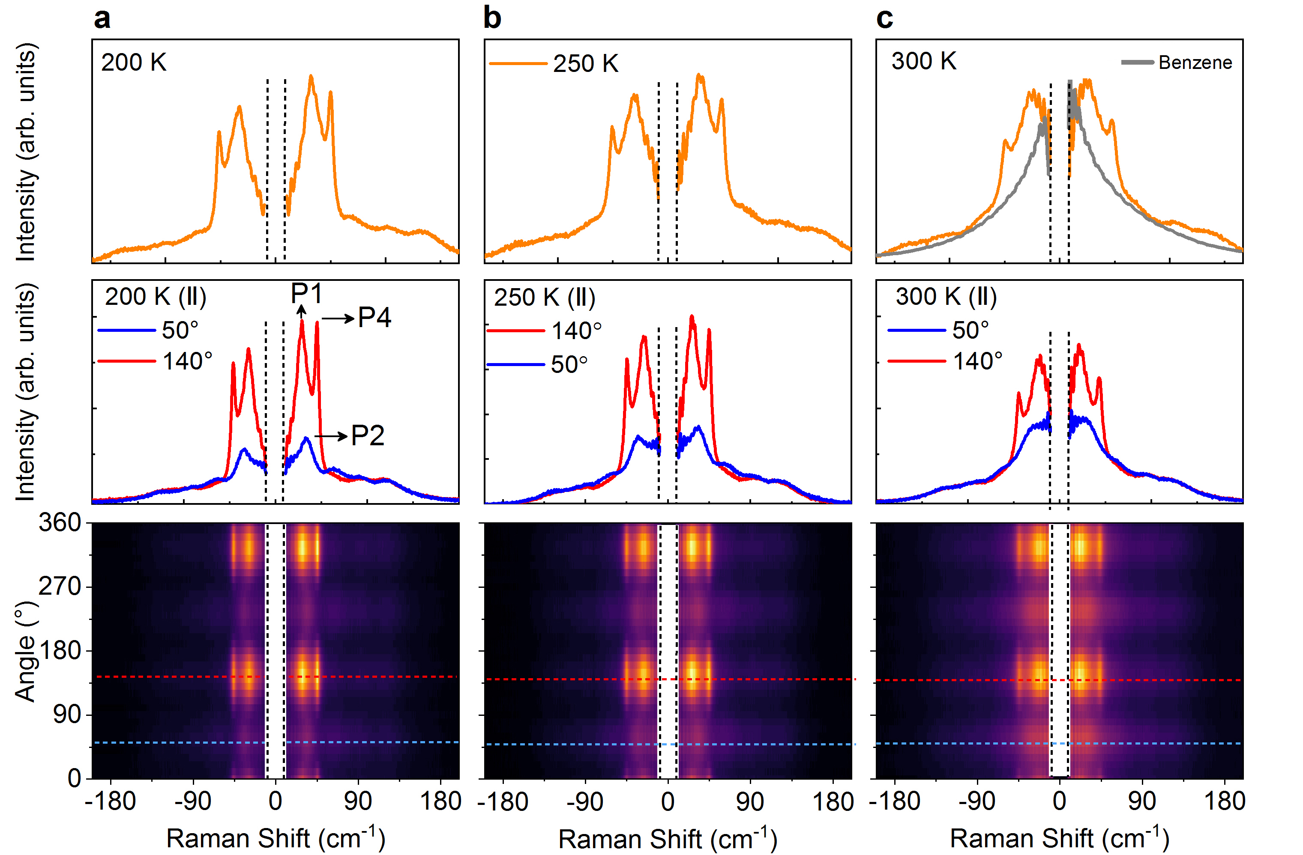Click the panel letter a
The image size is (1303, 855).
coord(102,18)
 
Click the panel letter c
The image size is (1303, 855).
coord(884,18)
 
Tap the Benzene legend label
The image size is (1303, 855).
coord(1195,63)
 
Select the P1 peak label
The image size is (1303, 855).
coord(306,294)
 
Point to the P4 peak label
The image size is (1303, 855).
coord(374,317)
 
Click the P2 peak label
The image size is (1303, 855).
coord(367,435)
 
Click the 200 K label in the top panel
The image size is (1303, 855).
coord(134,63)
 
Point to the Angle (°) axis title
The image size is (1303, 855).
coord(26,651)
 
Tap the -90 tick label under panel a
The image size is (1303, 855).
coord(193,802)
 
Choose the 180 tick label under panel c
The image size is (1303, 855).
coord(1224,802)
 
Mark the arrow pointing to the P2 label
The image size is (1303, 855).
coord(331,436)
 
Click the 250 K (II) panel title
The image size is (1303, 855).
coord(544,298)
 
